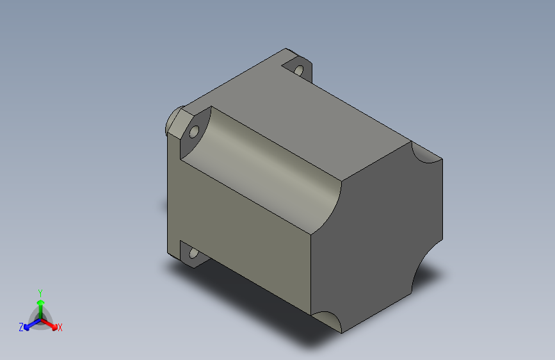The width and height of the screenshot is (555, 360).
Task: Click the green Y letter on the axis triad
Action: click(40, 291)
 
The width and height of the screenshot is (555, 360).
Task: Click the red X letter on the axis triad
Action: click(60, 328)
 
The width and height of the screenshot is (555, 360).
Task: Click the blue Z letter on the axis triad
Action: click(21, 327)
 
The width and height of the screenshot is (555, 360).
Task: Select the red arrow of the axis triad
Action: click(51, 323)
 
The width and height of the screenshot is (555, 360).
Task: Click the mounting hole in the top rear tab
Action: click(298, 69)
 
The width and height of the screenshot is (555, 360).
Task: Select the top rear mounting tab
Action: click(301, 64)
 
